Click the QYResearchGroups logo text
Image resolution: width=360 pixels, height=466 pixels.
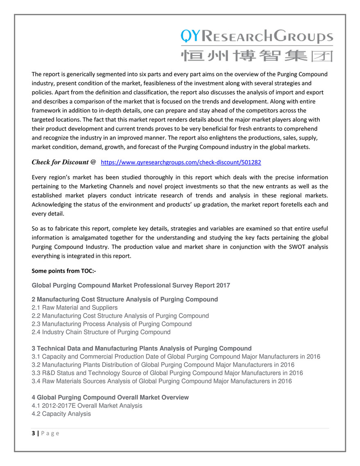tap(257, 37)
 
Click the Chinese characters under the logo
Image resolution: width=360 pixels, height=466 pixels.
tap(257, 55)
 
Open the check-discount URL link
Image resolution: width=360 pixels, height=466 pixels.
tap(181, 162)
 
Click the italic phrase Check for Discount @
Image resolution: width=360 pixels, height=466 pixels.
tap(64, 162)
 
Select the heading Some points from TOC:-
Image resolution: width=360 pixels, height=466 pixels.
tap(63, 271)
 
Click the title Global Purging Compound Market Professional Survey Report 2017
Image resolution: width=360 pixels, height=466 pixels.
tap(131, 285)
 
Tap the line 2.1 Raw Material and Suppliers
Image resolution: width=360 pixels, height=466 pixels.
tap(75, 307)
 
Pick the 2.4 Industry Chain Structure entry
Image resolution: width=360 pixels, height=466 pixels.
tap(101, 332)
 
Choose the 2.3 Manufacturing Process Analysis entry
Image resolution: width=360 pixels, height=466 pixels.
tap(111, 324)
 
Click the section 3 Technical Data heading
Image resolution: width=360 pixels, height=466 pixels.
tap(141, 348)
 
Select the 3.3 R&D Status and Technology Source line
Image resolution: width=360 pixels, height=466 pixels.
tap(167, 373)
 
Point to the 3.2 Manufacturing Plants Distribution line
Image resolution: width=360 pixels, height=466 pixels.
tap(163, 365)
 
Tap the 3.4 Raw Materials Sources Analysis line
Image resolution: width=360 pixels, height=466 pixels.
tap(162, 381)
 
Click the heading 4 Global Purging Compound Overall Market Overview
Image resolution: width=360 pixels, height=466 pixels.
tap(110, 397)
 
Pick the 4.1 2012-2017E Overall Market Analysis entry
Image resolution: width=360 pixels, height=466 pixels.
tap(87, 405)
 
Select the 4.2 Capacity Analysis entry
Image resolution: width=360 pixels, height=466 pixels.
tap(61, 414)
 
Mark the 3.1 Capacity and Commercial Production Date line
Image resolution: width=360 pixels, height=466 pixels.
tap(176, 357)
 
